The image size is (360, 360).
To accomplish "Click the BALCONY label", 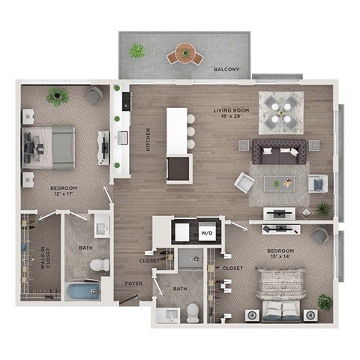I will pos(226,70).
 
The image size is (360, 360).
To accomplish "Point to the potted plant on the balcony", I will pos(136,51).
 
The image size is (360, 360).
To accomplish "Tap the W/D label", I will pos(206,233).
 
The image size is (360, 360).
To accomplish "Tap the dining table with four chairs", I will pos(281,112).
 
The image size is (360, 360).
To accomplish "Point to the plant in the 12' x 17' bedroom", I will pos(57,96).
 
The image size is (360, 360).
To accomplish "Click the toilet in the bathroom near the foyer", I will pos(193,312).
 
